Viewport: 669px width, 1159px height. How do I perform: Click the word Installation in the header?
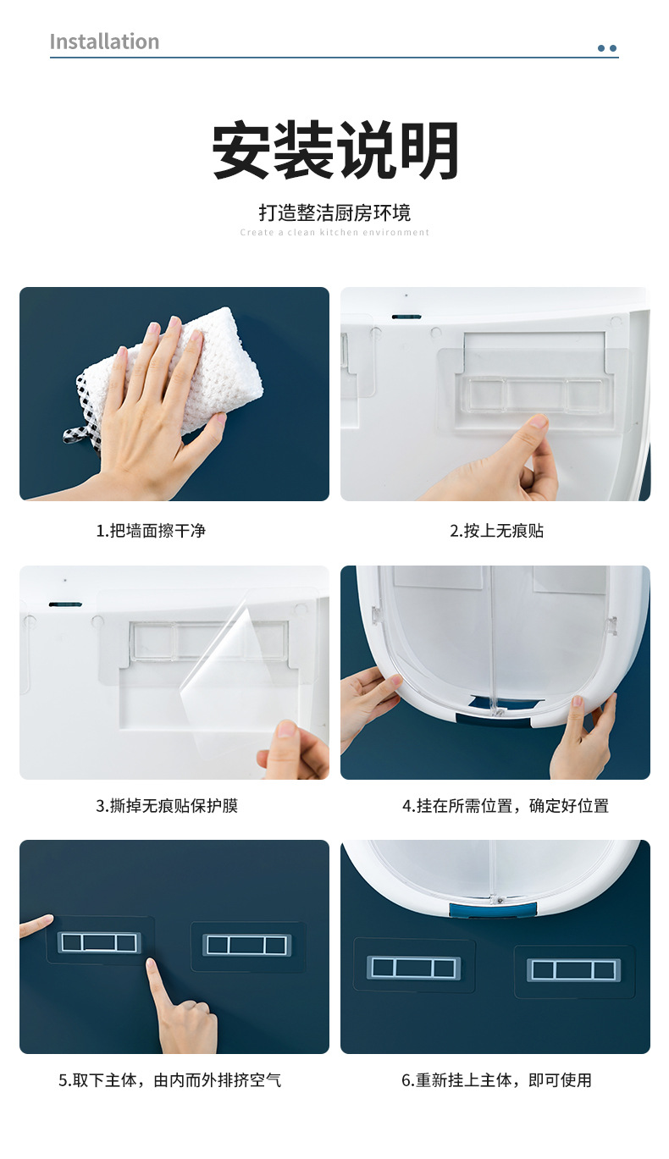pos(104,41)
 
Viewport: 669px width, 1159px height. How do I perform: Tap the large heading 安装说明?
pos(334,150)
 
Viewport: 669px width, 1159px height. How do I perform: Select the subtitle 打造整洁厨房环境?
pos(334,212)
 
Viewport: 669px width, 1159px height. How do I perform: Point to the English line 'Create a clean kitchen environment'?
pos(334,232)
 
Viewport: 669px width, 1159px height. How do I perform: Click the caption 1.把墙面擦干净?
pos(151,531)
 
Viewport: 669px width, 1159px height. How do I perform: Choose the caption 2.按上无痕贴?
pos(497,531)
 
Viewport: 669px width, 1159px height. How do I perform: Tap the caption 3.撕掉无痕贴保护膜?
pos(167,806)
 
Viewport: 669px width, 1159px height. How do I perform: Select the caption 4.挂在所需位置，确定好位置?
pos(506,806)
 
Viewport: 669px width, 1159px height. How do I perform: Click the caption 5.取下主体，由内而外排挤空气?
pos(169,1080)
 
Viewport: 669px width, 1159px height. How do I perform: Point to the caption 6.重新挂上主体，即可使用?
pos(497,1080)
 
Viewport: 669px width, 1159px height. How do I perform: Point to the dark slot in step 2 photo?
pos(406,317)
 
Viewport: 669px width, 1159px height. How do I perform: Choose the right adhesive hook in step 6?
pos(573,969)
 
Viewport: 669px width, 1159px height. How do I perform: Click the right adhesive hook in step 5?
pos(247,946)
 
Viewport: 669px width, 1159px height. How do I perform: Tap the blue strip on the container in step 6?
pos(494,909)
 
